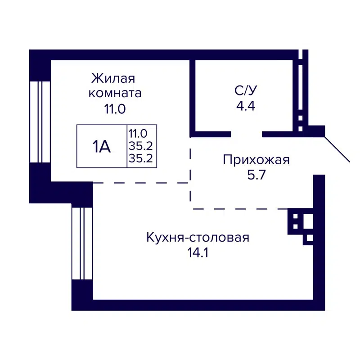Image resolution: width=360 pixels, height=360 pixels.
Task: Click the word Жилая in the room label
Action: pyautogui.click(x=113, y=78)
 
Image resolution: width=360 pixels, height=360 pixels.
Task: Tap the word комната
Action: pyautogui.click(x=115, y=93)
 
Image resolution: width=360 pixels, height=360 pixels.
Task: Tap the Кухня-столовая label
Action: pyautogui.click(x=198, y=237)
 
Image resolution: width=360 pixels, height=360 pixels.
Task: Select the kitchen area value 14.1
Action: pyautogui.click(x=198, y=252)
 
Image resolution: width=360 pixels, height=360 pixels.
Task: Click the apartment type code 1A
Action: pyautogui.click(x=102, y=147)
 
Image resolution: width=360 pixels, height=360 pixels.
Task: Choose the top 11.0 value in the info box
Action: pyautogui.click(x=138, y=133)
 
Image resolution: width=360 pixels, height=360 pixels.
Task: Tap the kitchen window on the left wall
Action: pyautogui.click(x=82, y=243)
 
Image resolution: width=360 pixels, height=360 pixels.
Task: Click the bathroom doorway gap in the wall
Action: pyautogui.click(x=246, y=134)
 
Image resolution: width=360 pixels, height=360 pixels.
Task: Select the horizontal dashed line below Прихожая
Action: pyautogui.click(x=238, y=209)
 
